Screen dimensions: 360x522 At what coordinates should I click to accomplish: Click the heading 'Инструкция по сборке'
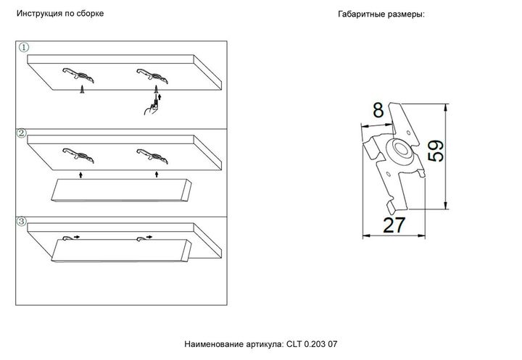pos(65,14)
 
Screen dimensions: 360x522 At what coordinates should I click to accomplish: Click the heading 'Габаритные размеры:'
pos(381,14)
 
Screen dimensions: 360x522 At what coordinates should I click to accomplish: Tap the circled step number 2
pos(22,134)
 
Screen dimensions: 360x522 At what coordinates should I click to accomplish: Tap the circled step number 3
pos(22,220)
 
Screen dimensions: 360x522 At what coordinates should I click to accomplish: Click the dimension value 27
pos(393,225)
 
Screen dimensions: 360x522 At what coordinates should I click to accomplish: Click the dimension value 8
pos(378,110)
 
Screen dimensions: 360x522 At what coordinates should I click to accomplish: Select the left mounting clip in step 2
pos(78,153)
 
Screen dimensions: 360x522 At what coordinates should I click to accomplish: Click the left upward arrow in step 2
pos(81,175)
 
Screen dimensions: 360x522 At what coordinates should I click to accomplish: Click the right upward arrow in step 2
pos(156,175)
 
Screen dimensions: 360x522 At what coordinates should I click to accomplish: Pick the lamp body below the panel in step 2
pos(120,190)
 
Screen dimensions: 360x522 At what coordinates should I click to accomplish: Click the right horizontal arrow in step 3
pos(149,236)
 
